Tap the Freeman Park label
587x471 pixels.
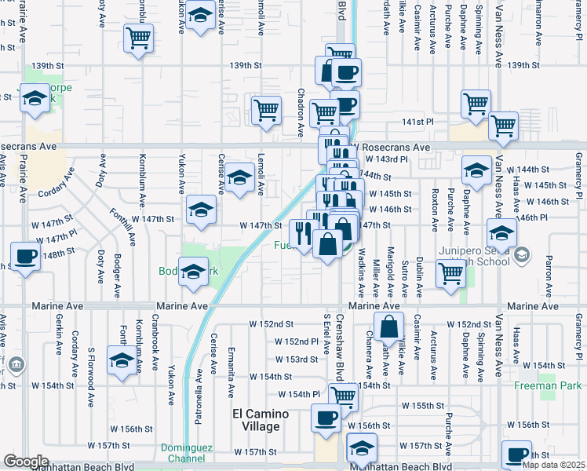tap(548, 385)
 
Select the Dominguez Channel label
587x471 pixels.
tap(182, 453)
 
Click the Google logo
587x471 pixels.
tap(26, 461)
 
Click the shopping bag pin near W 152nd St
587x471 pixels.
tap(388, 326)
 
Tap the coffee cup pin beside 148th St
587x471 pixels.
tap(26, 256)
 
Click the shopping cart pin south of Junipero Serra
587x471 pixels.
tap(450, 273)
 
